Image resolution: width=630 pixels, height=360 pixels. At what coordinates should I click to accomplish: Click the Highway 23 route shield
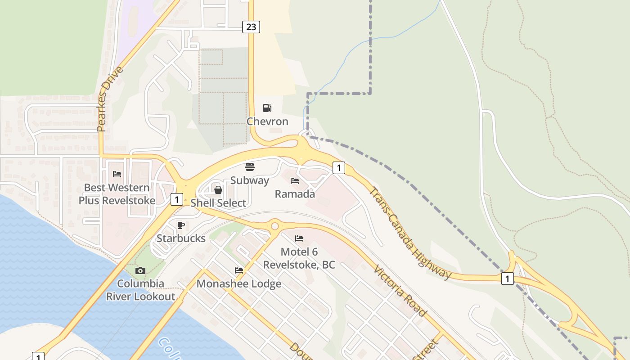[x=251, y=27]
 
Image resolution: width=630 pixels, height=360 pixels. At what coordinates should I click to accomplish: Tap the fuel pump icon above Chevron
[x=267, y=108]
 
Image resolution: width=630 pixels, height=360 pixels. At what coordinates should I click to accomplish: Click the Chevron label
[x=267, y=121]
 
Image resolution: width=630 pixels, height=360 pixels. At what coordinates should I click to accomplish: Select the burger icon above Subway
[x=250, y=167]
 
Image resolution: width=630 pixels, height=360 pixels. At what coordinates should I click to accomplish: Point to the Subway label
[x=250, y=180]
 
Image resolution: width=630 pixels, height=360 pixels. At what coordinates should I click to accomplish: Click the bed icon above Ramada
[x=295, y=181]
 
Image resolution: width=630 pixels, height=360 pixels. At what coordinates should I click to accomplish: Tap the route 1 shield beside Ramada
[x=338, y=168]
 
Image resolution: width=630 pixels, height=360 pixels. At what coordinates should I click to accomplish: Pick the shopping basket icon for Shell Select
[x=218, y=190]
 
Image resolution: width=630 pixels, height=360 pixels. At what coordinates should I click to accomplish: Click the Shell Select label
[x=218, y=203]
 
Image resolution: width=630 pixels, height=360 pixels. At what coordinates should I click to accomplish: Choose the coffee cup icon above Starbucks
[x=181, y=225]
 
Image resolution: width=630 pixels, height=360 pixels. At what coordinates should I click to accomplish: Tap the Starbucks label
[x=181, y=238]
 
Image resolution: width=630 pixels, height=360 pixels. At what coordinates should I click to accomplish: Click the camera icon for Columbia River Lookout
[x=140, y=270]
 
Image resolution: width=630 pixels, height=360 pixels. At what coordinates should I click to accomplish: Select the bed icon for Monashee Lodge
[x=239, y=270]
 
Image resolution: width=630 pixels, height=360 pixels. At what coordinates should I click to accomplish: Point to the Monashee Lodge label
[x=239, y=283]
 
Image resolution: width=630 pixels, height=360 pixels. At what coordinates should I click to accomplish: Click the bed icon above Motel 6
[x=299, y=238]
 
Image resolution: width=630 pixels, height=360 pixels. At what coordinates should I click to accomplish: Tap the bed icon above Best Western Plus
[x=117, y=174]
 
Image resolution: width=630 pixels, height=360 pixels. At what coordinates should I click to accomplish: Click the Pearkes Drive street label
[x=104, y=99]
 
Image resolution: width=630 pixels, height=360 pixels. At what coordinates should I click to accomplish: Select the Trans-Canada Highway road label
[x=409, y=233]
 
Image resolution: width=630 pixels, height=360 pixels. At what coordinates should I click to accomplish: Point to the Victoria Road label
[x=400, y=290]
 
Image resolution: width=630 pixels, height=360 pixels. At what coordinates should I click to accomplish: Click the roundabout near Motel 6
[x=274, y=225]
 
